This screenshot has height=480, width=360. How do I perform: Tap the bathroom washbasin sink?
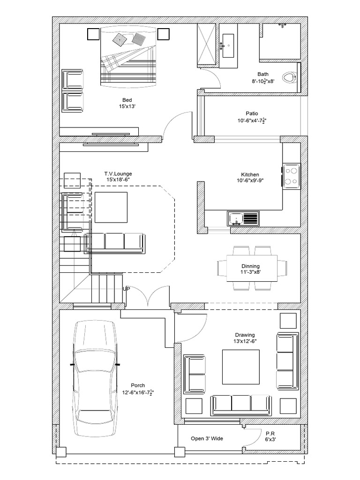(228, 45)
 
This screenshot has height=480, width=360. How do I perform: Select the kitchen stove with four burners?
(291, 176)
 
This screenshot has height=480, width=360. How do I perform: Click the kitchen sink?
(243, 218)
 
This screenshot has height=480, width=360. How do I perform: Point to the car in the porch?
(95, 379)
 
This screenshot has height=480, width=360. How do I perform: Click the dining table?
(252, 268)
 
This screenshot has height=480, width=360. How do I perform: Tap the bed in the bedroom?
(128, 57)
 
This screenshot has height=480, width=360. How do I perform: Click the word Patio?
(252, 113)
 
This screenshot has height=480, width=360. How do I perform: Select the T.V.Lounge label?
(118, 174)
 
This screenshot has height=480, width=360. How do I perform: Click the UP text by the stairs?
(127, 289)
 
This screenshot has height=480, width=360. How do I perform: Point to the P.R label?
(270, 434)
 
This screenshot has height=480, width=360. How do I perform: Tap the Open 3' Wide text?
(207, 439)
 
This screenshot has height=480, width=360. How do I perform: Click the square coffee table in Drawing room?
(240, 367)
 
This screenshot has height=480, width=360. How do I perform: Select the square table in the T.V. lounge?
(111, 207)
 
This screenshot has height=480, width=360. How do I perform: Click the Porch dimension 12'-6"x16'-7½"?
(138, 392)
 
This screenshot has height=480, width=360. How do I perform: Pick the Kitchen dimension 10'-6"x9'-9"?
(250, 180)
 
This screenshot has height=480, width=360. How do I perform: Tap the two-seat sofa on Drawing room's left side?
(195, 374)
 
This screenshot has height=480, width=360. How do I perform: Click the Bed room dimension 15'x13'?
(127, 106)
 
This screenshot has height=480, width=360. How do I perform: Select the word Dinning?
(250, 266)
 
